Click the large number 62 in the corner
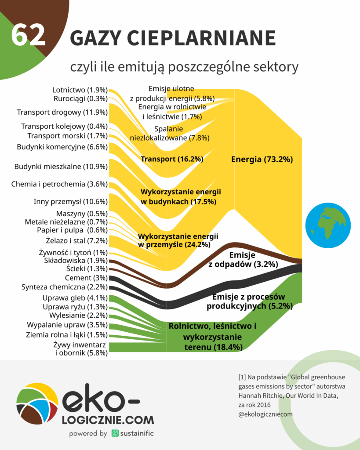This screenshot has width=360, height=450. [x=28, y=35]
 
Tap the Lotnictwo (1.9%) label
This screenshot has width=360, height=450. [x=80, y=90]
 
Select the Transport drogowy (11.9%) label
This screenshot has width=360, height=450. [x=62, y=112]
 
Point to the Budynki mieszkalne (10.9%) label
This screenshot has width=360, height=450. [x=61, y=167]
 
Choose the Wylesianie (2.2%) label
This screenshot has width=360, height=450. [x=78, y=315]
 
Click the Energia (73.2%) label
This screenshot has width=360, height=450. [x=262, y=160]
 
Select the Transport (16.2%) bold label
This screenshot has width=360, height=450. [x=171, y=159]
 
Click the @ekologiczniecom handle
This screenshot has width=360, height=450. [x=265, y=414]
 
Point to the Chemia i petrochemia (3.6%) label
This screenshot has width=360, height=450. [x=59, y=184]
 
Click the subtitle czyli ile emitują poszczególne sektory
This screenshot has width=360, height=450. [x=184, y=67]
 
